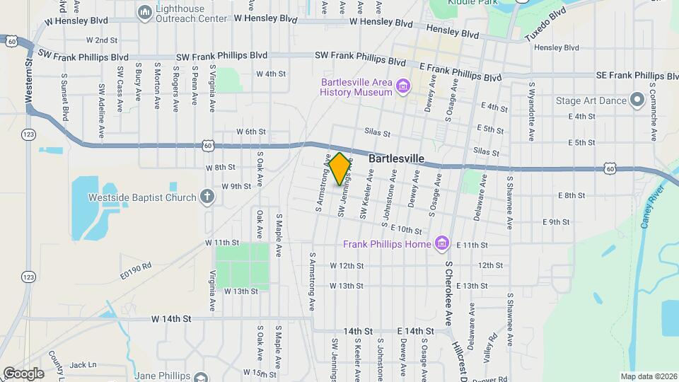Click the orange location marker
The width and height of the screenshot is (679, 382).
coord(339,168)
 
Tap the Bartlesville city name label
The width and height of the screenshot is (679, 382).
coord(396,159)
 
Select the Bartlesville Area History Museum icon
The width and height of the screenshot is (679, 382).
coord(404,86)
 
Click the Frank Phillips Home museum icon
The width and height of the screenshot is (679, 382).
coord(442,244)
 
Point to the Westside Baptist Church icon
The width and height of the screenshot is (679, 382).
coord(207,197)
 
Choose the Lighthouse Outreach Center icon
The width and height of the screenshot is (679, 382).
coord(145,12)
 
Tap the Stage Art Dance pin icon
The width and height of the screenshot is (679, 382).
coord(637,100)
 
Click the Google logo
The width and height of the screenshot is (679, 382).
coord(23,373)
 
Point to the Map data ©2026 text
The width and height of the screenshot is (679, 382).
coord(649,376)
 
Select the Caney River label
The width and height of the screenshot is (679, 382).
coord(654,206)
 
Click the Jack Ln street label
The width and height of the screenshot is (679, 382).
coord(83,365)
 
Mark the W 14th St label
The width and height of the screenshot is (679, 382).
coord(171,319)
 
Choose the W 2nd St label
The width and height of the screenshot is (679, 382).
coord(102,40)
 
